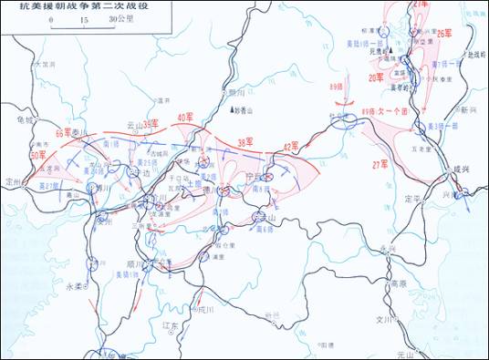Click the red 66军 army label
(65, 133)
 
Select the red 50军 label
(37, 156)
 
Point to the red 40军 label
(186, 118)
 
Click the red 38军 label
(245, 142)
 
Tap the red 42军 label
(292, 146)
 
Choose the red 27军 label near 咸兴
(380, 165)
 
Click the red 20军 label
(376, 79)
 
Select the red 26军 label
(445, 33)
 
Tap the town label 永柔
(75, 284)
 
